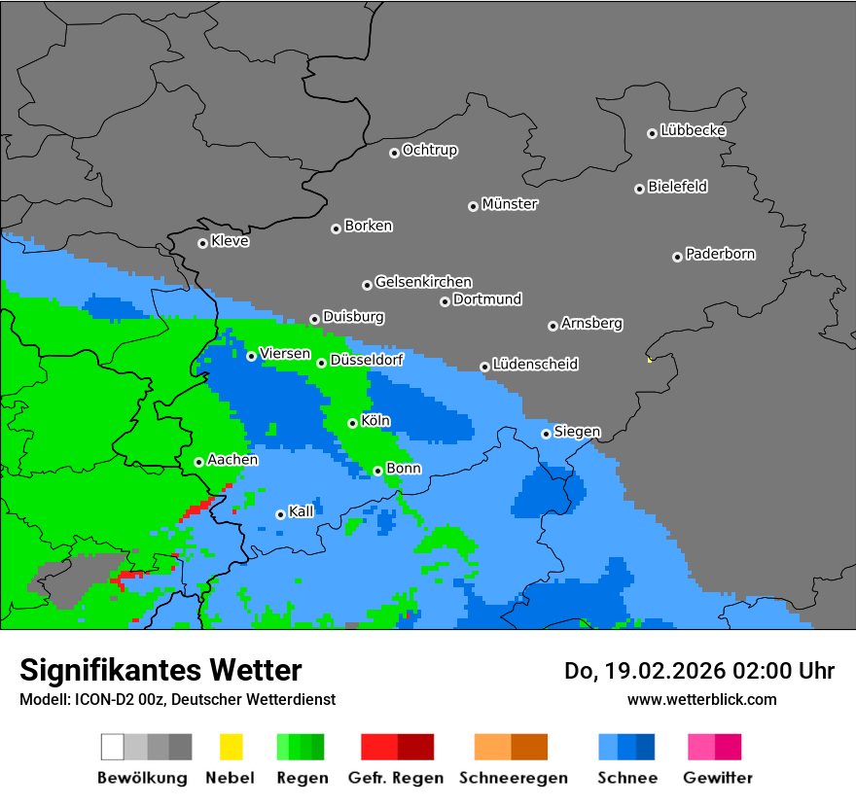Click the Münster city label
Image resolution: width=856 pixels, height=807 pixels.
coord(510,204)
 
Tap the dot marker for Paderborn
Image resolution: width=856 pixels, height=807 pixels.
coord(677,257)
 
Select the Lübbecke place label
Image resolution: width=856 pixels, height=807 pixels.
coord(693,130)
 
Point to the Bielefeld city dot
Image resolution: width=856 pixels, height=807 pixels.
coord(639,189)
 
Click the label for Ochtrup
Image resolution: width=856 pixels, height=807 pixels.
coord(430,150)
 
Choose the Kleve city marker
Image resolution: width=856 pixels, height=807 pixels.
coord(202,243)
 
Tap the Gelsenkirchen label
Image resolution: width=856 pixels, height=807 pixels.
coord(423,282)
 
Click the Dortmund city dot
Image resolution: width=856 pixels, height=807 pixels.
coord(445,301)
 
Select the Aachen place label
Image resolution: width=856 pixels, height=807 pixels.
coord(232,459)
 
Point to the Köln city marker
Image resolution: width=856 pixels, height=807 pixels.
coord(352,423)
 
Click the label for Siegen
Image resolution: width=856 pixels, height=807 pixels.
coord(577,431)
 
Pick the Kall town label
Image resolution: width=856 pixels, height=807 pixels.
coord(302,511)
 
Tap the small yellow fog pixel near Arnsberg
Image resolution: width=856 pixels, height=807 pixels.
coord(649,360)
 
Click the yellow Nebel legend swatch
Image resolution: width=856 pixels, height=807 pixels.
coord(231,747)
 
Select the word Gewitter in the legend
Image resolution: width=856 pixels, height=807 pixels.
coord(718,778)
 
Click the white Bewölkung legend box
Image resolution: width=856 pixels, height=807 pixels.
coord(113,747)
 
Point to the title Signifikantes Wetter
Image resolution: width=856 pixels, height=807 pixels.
coord(160,670)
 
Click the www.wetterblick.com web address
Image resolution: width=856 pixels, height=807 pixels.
coord(701,699)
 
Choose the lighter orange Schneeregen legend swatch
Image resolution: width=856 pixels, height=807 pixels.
coord(492,747)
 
